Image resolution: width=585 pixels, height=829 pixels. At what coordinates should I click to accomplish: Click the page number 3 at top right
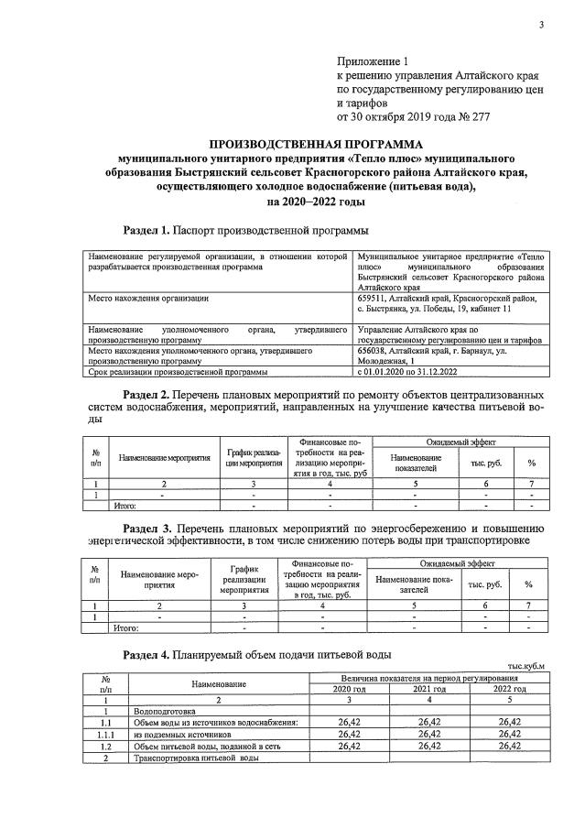click(x=541, y=25)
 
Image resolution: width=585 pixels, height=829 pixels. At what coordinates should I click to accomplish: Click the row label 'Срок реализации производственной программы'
click(x=177, y=372)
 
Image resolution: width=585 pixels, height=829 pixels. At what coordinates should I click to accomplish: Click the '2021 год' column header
click(x=428, y=689)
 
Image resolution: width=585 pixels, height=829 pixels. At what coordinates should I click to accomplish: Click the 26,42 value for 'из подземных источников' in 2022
click(x=510, y=734)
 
